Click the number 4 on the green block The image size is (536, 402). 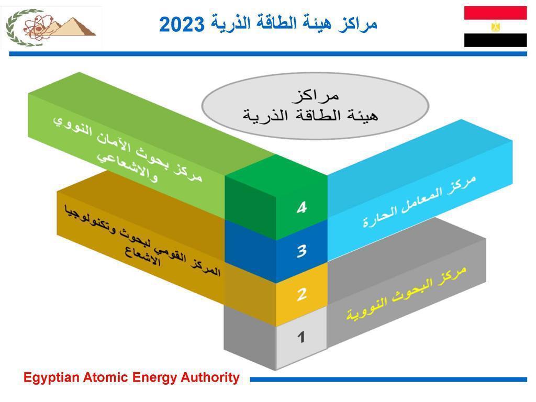(302, 207)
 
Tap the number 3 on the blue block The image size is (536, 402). (302, 251)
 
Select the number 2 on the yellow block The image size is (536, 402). (302, 294)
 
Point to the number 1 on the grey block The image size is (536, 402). (301, 337)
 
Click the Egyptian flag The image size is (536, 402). (495, 26)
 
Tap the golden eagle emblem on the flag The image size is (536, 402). (495, 27)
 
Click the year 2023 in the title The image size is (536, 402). (182, 25)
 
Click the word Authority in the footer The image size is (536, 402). (210, 377)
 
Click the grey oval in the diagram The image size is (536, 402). (315, 106)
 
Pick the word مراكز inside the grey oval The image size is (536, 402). (315, 96)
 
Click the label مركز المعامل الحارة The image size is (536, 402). (419, 202)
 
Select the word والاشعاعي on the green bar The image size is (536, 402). (127, 167)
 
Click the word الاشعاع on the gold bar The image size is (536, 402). (142, 258)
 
